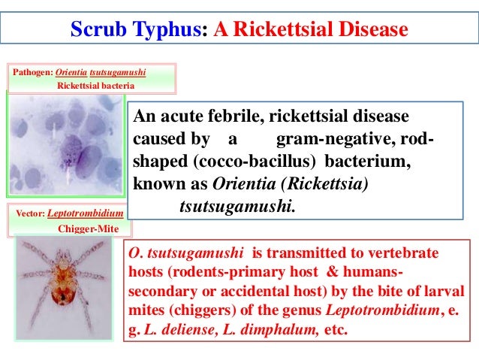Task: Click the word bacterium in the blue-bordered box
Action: [x=368, y=162]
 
